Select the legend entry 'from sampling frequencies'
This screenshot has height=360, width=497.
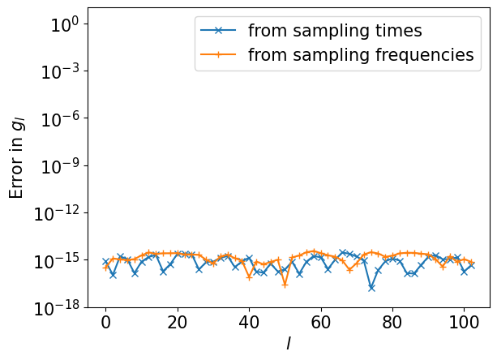[360, 55]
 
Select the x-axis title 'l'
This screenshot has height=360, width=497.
[288, 344]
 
